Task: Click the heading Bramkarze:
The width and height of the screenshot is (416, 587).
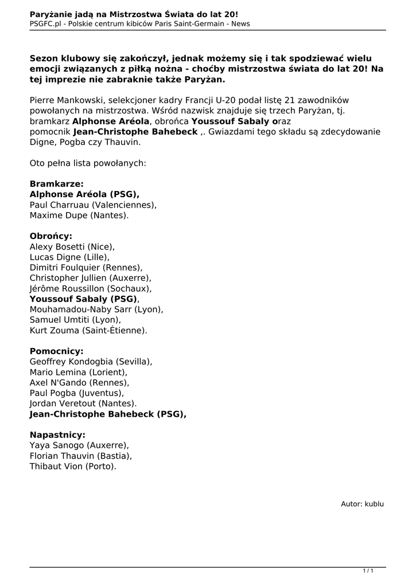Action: click(x=56, y=184)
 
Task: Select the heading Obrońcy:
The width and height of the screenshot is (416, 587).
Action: click(x=51, y=236)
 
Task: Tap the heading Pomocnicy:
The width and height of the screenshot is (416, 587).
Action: click(x=56, y=351)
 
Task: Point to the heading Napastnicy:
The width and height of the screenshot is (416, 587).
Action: click(x=57, y=435)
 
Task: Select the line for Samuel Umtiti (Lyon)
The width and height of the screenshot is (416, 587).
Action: click(x=75, y=320)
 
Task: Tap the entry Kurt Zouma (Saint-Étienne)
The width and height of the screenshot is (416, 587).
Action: click(x=88, y=330)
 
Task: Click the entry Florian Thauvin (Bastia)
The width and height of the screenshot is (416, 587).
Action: click(x=80, y=456)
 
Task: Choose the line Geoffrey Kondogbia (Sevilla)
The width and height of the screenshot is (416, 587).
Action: click(x=91, y=362)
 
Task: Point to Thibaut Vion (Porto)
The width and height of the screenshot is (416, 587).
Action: click(x=73, y=466)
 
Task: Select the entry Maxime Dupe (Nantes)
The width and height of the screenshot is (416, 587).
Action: click(x=79, y=216)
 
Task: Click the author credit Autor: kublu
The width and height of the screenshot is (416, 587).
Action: click(x=362, y=504)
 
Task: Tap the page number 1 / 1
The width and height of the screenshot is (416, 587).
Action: click(x=368, y=570)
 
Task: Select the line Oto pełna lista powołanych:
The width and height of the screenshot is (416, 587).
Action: click(x=88, y=163)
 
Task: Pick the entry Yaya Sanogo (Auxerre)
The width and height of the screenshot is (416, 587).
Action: click(x=79, y=445)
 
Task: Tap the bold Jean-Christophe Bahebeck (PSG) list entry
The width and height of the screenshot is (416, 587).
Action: click(x=107, y=414)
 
